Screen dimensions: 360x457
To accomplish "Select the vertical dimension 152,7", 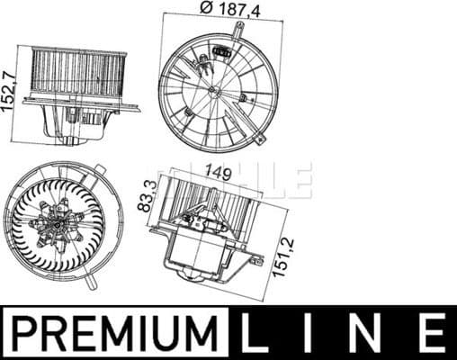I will (9, 87).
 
